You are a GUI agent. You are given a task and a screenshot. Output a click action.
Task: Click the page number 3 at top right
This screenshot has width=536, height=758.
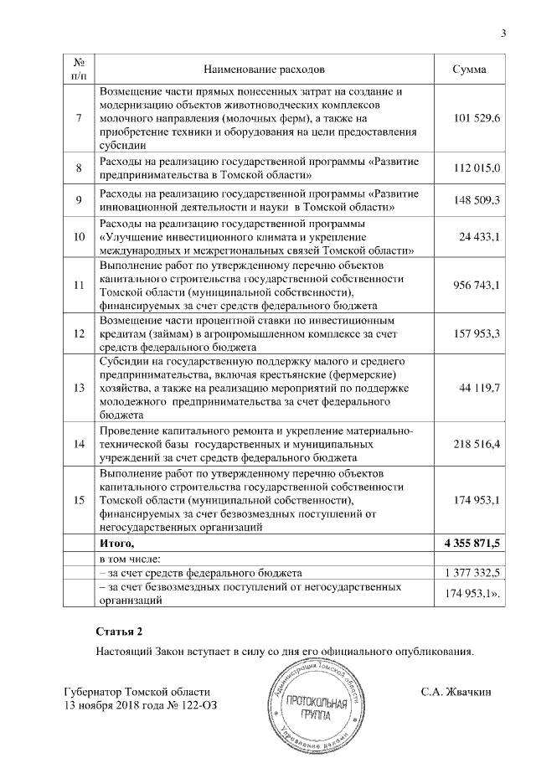tap(503, 34)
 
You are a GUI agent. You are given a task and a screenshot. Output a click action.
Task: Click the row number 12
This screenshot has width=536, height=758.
tap(78, 333)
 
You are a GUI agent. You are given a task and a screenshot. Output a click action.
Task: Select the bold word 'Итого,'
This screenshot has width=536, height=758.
tap(117, 544)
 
